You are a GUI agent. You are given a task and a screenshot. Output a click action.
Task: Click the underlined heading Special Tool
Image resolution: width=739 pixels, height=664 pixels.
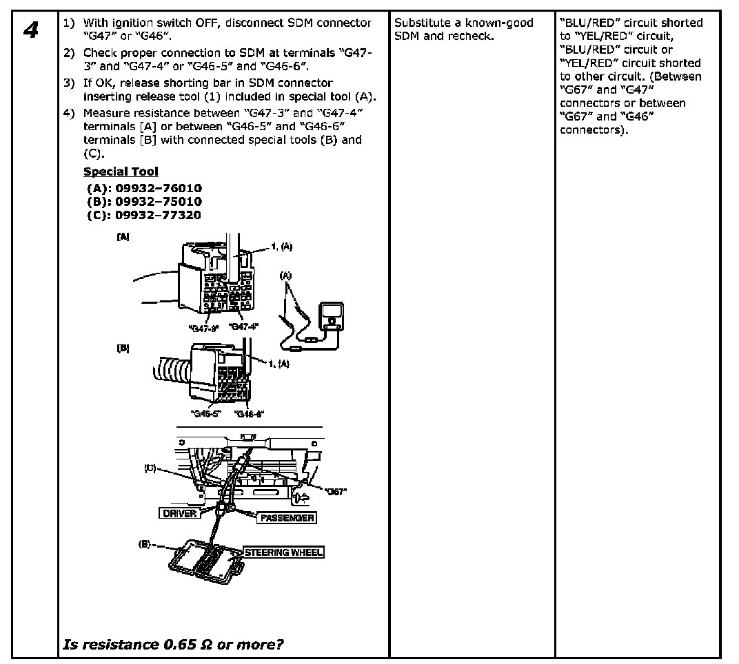tap(121, 172)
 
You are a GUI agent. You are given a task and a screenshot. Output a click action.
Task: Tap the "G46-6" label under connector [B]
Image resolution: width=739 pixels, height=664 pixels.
tap(249, 413)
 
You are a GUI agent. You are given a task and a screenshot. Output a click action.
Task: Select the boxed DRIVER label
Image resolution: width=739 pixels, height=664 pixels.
tap(179, 513)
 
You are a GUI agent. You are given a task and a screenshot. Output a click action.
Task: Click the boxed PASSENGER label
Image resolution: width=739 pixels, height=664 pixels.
tap(286, 517)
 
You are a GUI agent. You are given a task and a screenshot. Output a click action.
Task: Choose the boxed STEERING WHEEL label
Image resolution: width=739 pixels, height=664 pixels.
tap(283, 552)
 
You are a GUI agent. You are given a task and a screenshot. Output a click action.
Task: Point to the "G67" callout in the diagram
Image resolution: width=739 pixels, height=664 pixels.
tap(335, 491)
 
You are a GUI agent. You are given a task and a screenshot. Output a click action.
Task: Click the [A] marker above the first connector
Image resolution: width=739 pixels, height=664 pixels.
tap(123, 236)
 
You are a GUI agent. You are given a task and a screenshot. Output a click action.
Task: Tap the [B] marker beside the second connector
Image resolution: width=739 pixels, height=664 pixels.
tap(123, 349)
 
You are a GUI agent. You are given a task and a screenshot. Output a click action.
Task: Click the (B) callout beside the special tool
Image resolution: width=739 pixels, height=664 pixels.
tap(145, 543)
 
